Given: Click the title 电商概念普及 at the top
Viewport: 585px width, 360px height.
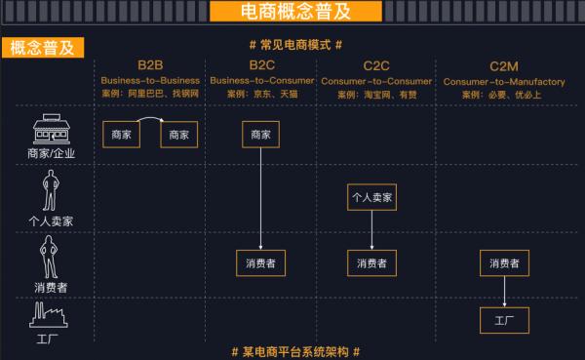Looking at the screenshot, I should pyautogui.click(x=292, y=12).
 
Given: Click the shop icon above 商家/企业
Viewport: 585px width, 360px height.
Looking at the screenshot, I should pyautogui.click(x=51, y=131).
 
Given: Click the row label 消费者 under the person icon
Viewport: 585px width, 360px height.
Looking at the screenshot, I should pyautogui.click(x=51, y=287).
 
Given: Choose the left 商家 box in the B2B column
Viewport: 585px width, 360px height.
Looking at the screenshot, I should pyautogui.click(x=122, y=135).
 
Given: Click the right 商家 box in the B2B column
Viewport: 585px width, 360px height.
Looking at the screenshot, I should pyautogui.click(x=179, y=135).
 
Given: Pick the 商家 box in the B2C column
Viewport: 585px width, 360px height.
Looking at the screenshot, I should pyautogui.click(x=261, y=135).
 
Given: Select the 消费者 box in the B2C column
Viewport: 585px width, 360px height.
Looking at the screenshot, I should pyautogui.click(x=261, y=262).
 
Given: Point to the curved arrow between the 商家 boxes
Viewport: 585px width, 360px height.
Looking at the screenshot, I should pyautogui.click(x=151, y=123).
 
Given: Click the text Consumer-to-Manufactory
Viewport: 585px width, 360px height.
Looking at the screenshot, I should pyautogui.click(x=503, y=82).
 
